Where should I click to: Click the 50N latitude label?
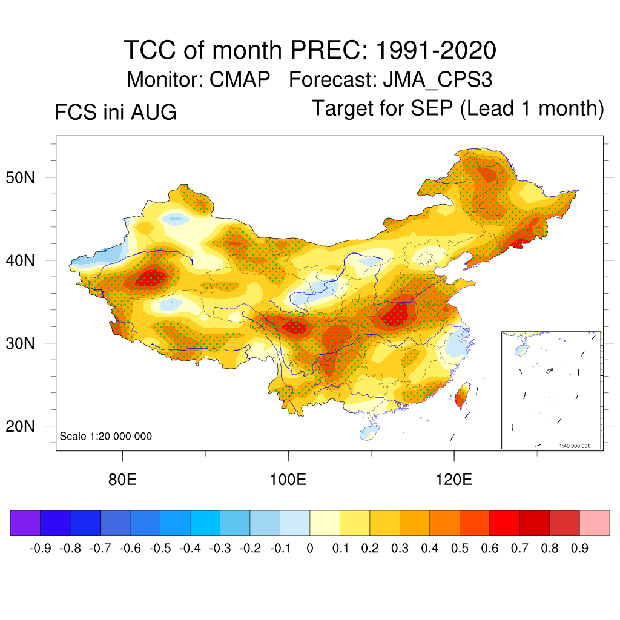[20, 177]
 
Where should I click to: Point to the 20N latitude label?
[20, 426]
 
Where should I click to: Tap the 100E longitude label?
[288, 480]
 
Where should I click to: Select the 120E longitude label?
[454, 480]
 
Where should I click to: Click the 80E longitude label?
[122, 480]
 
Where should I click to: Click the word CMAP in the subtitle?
[240, 79]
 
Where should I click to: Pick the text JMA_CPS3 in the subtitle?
[438, 80]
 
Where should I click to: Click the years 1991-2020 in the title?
[436, 50]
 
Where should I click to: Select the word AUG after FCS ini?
[154, 112]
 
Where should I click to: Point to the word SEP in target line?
[432, 108]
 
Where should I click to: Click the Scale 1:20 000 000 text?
[105, 436]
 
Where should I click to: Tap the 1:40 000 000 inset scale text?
[575, 446]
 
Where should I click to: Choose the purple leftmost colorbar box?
[25, 523]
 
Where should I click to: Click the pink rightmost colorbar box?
[595, 523]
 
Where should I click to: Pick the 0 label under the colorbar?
[310, 549]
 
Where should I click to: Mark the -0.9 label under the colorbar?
[40, 549]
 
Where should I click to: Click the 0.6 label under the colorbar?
[489, 549]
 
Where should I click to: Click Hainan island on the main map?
[369, 433]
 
